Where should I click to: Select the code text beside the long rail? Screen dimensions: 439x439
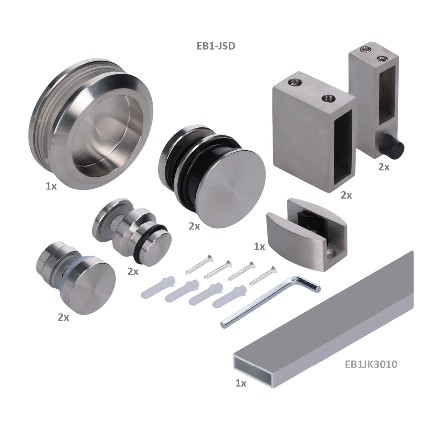(371, 364)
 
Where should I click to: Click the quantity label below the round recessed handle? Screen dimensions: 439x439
(50, 186)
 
